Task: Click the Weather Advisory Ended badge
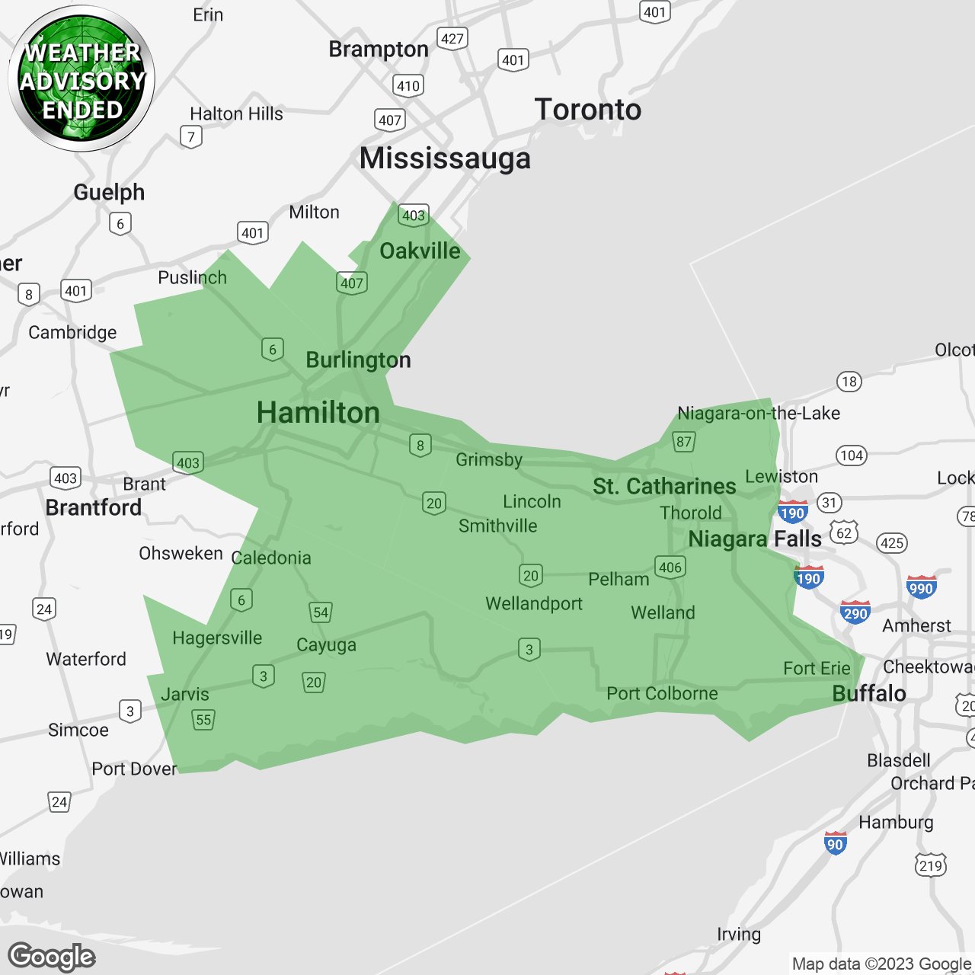click(x=82, y=79)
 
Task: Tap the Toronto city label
click(x=587, y=110)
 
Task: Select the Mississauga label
click(x=445, y=158)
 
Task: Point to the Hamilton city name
click(x=318, y=413)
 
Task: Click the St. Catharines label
click(x=664, y=486)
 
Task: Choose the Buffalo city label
click(x=869, y=693)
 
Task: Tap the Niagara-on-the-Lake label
click(x=759, y=413)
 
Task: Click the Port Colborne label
click(x=662, y=693)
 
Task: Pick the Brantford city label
click(x=94, y=507)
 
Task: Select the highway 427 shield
click(x=452, y=39)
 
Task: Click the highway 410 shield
click(x=408, y=85)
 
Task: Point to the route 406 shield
click(x=670, y=567)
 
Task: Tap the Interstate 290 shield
click(x=855, y=612)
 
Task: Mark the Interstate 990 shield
click(x=921, y=587)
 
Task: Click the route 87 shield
click(x=684, y=442)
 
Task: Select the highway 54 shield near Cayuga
click(x=321, y=612)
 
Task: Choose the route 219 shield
click(x=931, y=865)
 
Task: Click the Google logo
click(x=52, y=957)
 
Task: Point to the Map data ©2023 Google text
click(x=881, y=964)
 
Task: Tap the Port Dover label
click(x=134, y=769)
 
